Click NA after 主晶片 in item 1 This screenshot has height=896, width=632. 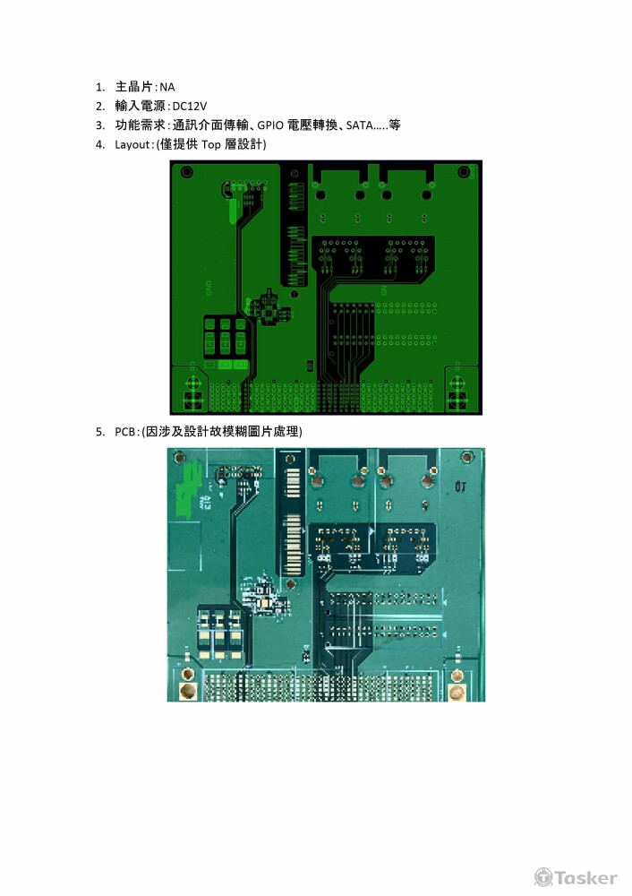[167, 88]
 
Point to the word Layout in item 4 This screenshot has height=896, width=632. [132, 144]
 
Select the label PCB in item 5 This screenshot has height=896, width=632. [124, 432]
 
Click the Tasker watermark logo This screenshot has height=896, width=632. [576, 877]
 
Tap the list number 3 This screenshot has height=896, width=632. [100, 125]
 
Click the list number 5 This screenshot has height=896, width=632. [100, 432]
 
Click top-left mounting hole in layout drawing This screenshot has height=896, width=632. [186, 172]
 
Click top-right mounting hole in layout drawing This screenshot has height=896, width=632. [464, 172]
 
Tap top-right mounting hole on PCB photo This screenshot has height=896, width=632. [466, 456]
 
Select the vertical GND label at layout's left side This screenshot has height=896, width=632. [209, 289]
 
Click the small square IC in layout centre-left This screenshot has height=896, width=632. [267, 306]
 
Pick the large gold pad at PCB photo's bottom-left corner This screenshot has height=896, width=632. [188, 692]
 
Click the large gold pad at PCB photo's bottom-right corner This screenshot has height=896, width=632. [457, 693]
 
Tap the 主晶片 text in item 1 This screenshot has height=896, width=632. [134, 88]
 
